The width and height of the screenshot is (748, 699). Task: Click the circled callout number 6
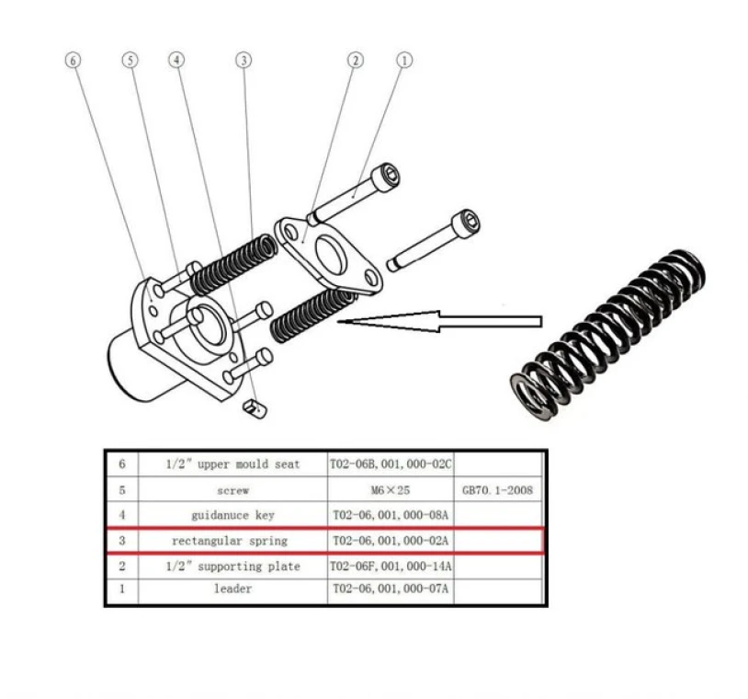74,60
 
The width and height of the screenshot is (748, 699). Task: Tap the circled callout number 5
130,60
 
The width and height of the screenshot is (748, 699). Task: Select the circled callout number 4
176,60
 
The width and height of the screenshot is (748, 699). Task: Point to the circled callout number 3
243,60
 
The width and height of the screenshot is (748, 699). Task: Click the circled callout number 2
356,60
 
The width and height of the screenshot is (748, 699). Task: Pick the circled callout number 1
403,60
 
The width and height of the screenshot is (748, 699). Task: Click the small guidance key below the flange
254,407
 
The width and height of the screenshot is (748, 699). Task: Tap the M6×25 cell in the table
390,490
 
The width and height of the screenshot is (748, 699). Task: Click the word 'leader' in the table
232,590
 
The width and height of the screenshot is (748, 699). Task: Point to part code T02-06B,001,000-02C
391,464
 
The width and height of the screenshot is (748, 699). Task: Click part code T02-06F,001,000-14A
391,566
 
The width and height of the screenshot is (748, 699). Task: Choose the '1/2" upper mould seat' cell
232,464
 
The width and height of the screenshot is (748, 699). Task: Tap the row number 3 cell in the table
121,541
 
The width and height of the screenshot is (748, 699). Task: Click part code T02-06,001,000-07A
391,590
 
